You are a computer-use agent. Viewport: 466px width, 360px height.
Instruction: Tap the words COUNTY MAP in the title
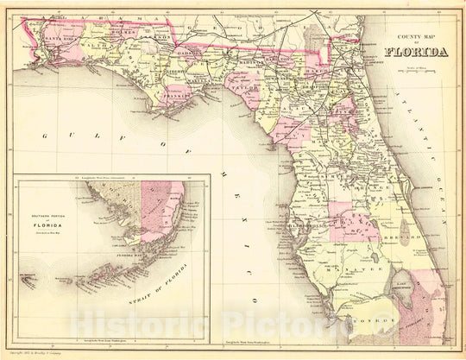click(x=412, y=37)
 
